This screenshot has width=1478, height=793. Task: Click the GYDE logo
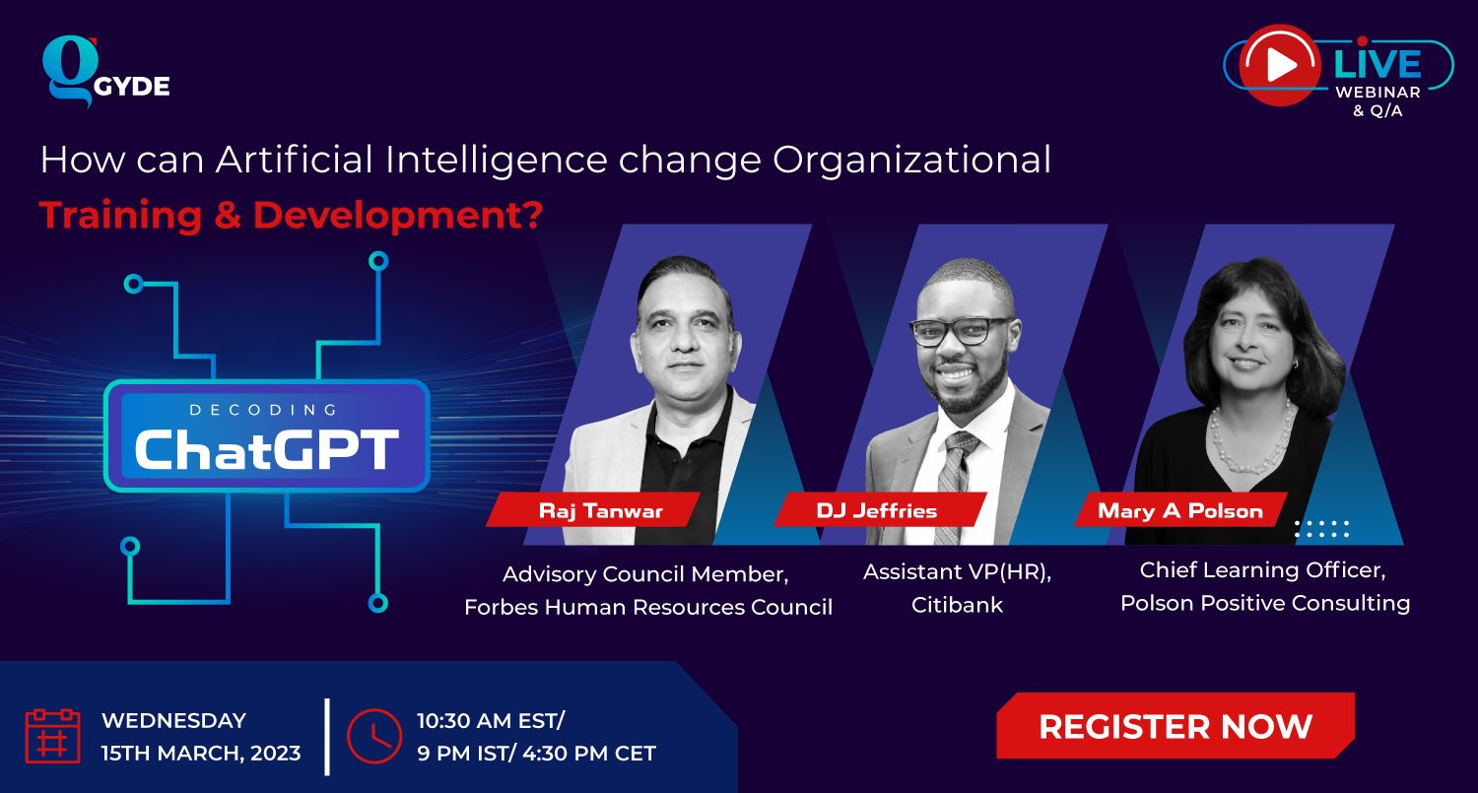(105, 71)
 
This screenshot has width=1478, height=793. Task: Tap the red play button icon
(1279, 65)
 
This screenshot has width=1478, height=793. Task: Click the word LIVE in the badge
(1377, 64)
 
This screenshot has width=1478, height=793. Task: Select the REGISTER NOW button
(1176, 726)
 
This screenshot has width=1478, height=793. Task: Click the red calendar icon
(53, 736)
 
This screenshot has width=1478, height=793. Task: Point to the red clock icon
(374, 736)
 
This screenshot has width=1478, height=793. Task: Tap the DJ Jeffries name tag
(880, 510)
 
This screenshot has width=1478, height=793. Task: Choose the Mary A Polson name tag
(1180, 510)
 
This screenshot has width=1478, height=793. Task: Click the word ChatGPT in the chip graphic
(267, 449)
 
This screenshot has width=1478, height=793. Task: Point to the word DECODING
(264, 410)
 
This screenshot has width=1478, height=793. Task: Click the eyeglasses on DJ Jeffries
(963, 331)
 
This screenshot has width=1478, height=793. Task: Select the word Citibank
(957, 604)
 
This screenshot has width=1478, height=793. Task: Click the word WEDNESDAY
(173, 720)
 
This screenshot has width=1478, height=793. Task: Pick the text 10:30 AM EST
(488, 720)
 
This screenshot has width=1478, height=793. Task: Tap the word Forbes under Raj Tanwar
(501, 606)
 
